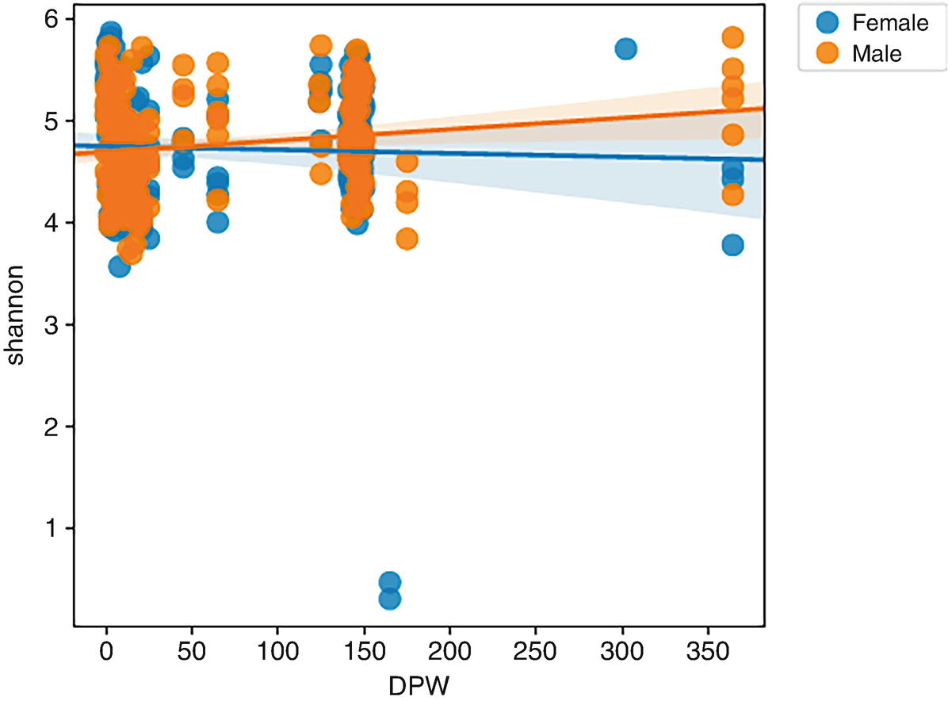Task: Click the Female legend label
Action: point(889,23)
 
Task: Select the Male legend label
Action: point(877,53)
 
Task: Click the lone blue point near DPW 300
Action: point(625,49)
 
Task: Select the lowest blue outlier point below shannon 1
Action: point(389,598)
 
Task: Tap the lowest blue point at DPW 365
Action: point(732,245)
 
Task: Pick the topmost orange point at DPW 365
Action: point(732,37)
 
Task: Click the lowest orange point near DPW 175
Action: point(407,239)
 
